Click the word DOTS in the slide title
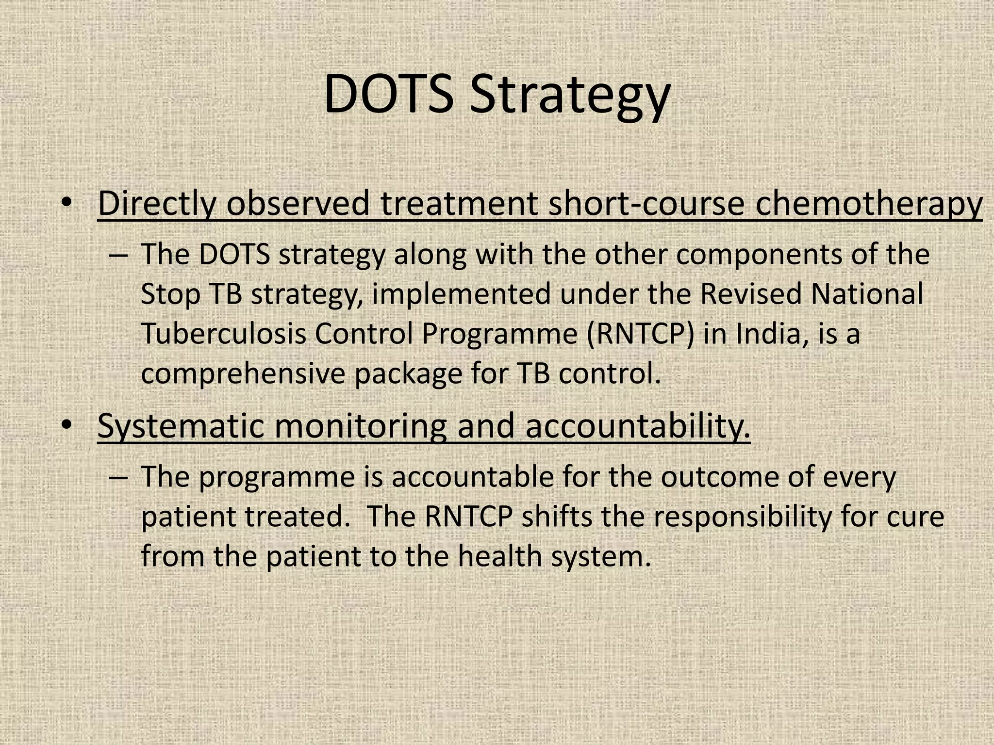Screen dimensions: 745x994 388,94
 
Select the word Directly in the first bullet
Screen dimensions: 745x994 156,204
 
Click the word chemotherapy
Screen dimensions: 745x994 869,204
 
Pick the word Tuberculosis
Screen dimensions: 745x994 223,334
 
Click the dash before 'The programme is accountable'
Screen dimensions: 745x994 119,478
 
